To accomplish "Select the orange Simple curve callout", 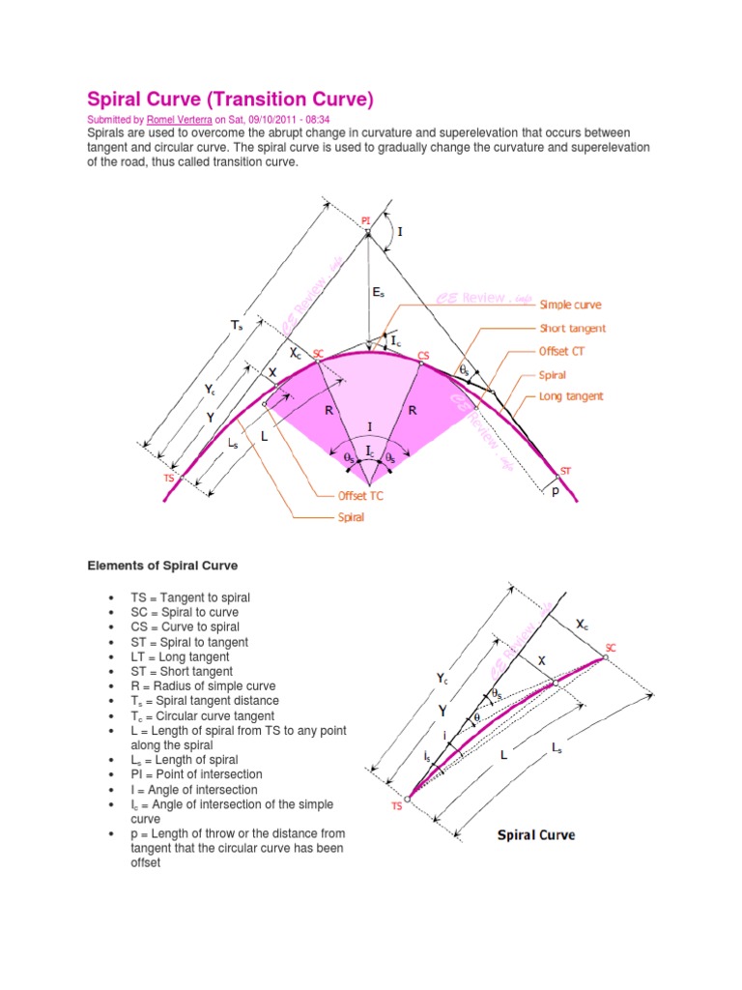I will pyautogui.click(x=571, y=305).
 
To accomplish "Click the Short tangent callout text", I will pyautogui.click(x=573, y=329).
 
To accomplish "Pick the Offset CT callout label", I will pyautogui.click(x=561, y=351).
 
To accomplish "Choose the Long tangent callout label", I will pyautogui.click(x=570, y=396).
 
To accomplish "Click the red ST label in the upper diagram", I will pyautogui.click(x=566, y=471).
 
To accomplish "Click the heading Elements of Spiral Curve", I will pyautogui.click(x=162, y=565).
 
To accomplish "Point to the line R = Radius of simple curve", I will pyautogui.click(x=205, y=685).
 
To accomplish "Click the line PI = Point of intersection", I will pyautogui.click(x=196, y=774).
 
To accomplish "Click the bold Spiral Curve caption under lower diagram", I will pyautogui.click(x=536, y=833).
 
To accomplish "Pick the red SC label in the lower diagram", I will pyautogui.click(x=611, y=647).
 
